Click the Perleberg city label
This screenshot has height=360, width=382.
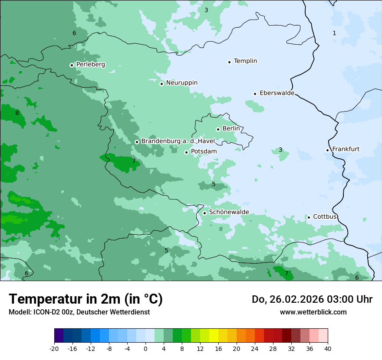pyautogui.click(x=90, y=65)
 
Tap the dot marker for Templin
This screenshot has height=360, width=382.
pyautogui.click(x=229, y=62)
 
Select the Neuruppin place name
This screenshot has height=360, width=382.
pyautogui.click(x=181, y=83)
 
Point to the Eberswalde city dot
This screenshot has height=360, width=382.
pyautogui.click(x=255, y=94)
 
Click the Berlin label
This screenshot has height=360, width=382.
pyautogui.click(x=231, y=129)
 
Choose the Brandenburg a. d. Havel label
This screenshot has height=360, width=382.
pyautogui.click(x=178, y=141)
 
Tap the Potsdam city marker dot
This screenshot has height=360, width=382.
pyautogui.click(x=186, y=152)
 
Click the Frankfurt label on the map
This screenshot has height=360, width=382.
pyautogui.click(x=346, y=149)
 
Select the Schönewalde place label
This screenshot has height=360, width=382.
pyautogui.click(x=229, y=212)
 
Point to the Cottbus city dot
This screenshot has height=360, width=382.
pyautogui.click(x=309, y=217)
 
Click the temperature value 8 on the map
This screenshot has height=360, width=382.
pyautogui.click(x=17, y=113)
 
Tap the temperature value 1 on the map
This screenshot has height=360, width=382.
pyautogui.click(x=334, y=33)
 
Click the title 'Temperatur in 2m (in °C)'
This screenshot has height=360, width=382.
pyautogui.click(x=86, y=299)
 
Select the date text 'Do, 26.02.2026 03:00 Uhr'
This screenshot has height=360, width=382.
pyautogui.click(x=312, y=299)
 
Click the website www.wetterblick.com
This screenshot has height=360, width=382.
pyautogui.click(x=313, y=312)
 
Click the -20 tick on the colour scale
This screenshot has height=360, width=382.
pyautogui.click(x=54, y=348)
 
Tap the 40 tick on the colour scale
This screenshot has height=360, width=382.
pyautogui.click(x=327, y=348)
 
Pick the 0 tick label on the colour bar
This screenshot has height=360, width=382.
pyautogui.click(x=145, y=348)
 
